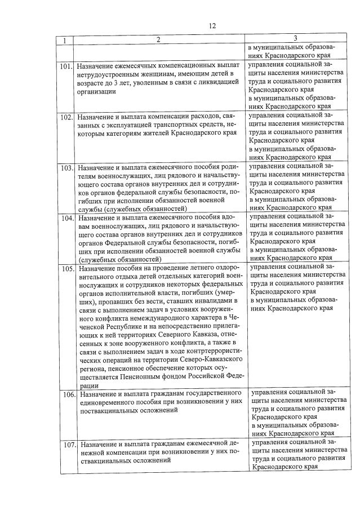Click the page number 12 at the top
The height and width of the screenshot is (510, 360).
(212, 25)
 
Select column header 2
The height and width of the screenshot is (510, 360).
(158, 40)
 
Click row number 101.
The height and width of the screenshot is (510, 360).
(67, 65)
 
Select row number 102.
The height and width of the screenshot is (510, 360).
(67, 117)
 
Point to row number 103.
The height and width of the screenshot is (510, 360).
(67, 168)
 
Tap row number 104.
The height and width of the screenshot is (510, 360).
(67, 218)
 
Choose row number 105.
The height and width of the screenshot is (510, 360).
(67, 268)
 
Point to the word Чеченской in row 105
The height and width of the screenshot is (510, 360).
(227, 318)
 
